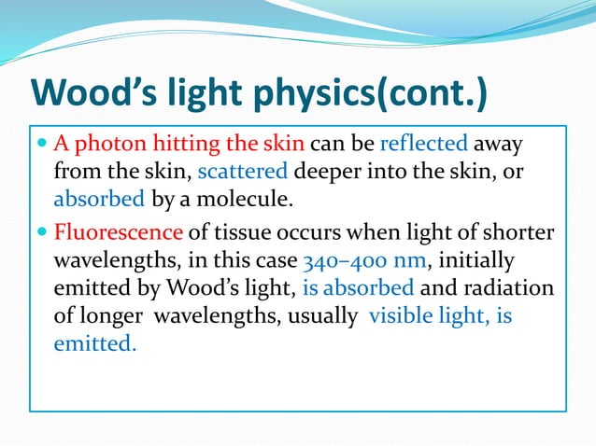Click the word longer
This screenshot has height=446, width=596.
(108, 315)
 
